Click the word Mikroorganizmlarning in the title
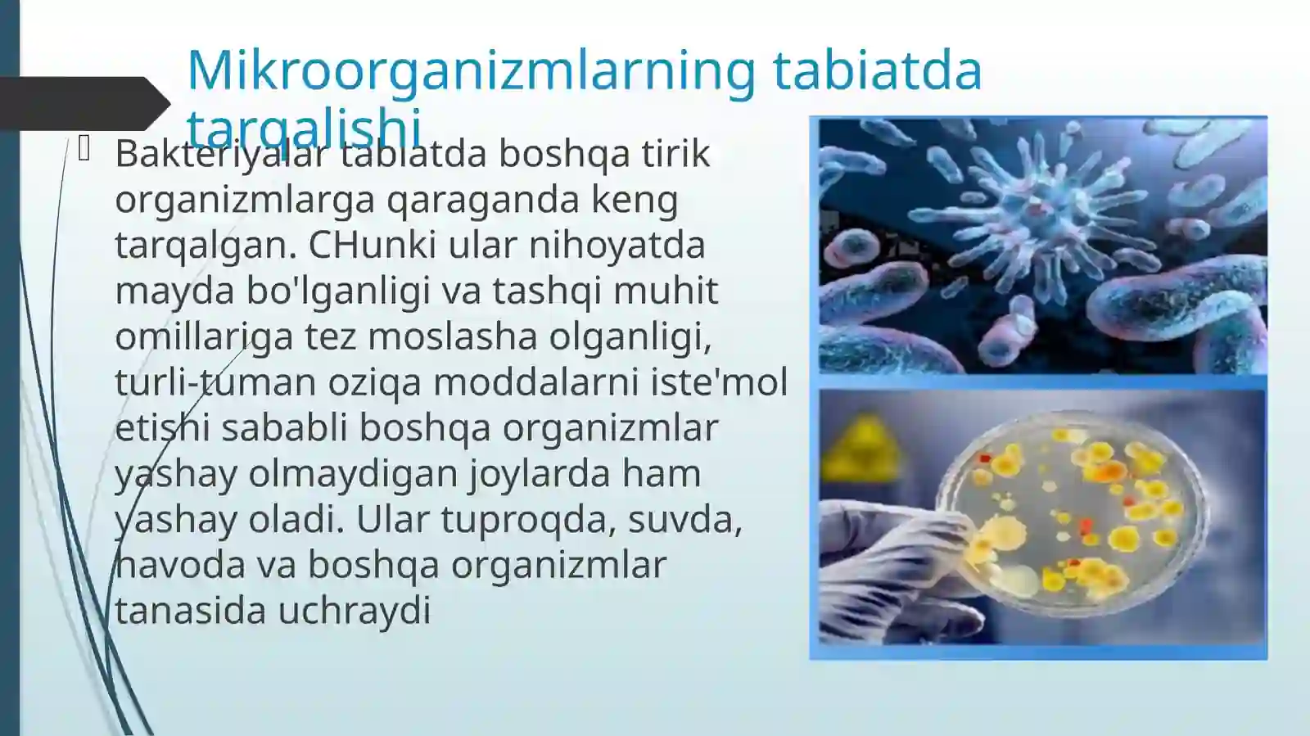471,70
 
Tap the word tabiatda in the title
877,70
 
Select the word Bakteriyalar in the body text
220,154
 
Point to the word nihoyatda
617,245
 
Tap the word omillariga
204,336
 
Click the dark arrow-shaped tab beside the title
82,103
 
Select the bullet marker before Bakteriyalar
84,149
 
